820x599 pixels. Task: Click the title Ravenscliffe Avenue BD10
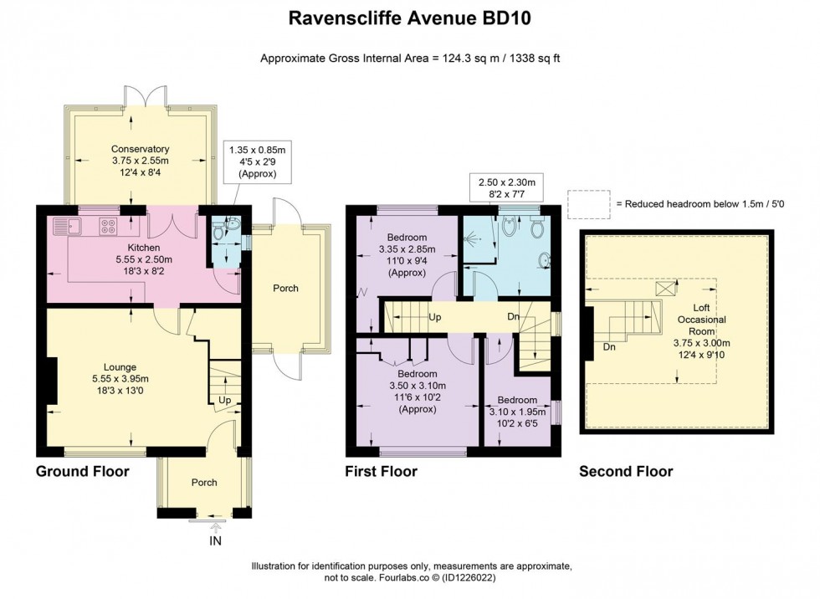tap(409, 18)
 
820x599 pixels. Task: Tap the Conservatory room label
tap(141, 150)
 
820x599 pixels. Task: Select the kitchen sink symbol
tap(68, 227)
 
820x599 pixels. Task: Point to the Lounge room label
tap(120, 367)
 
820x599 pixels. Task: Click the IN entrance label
tap(216, 541)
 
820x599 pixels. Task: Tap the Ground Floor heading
tap(83, 472)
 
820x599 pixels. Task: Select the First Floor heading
tap(382, 472)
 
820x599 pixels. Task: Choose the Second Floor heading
tap(626, 472)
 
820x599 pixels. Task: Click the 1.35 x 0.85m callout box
tap(258, 161)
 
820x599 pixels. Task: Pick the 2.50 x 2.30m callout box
tap(507, 187)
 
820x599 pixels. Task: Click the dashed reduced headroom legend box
tap(589, 204)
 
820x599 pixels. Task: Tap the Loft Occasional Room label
tap(702, 320)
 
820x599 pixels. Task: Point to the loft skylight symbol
tap(666, 289)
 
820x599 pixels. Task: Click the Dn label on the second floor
tap(609, 347)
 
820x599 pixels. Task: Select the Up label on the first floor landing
tap(434, 317)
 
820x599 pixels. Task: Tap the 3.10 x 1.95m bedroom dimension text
tap(517, 412)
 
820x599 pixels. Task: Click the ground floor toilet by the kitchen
tap(232, 225)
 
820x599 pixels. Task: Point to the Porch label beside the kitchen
tap(285, 288)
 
